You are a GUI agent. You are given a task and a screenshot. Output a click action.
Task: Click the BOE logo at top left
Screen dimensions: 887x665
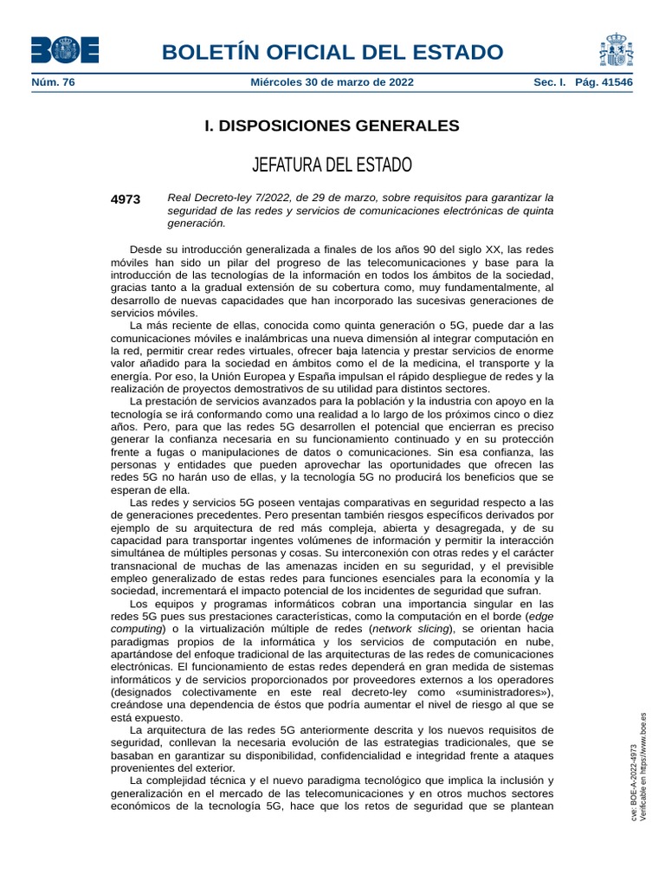tap(64, 50)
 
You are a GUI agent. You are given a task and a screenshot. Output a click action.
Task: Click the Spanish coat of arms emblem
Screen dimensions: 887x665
tap(616, 50)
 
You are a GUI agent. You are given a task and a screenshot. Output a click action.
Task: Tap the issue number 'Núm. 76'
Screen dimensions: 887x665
tap(53, 82)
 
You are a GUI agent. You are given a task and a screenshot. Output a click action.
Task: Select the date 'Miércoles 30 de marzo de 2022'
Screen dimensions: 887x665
tap(332, 82)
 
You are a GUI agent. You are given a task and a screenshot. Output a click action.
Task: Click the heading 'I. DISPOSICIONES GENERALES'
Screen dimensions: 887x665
tap(332, 126)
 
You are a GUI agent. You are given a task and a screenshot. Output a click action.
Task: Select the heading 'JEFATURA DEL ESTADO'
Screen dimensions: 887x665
tap(332, 165)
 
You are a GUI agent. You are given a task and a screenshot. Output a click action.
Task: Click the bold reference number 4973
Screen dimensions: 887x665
tap(126, 198)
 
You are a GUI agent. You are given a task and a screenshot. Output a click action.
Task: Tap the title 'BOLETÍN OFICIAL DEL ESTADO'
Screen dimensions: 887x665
tap(332, 51)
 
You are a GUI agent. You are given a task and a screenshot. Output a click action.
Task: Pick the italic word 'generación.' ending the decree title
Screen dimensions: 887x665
tap(197, 223)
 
